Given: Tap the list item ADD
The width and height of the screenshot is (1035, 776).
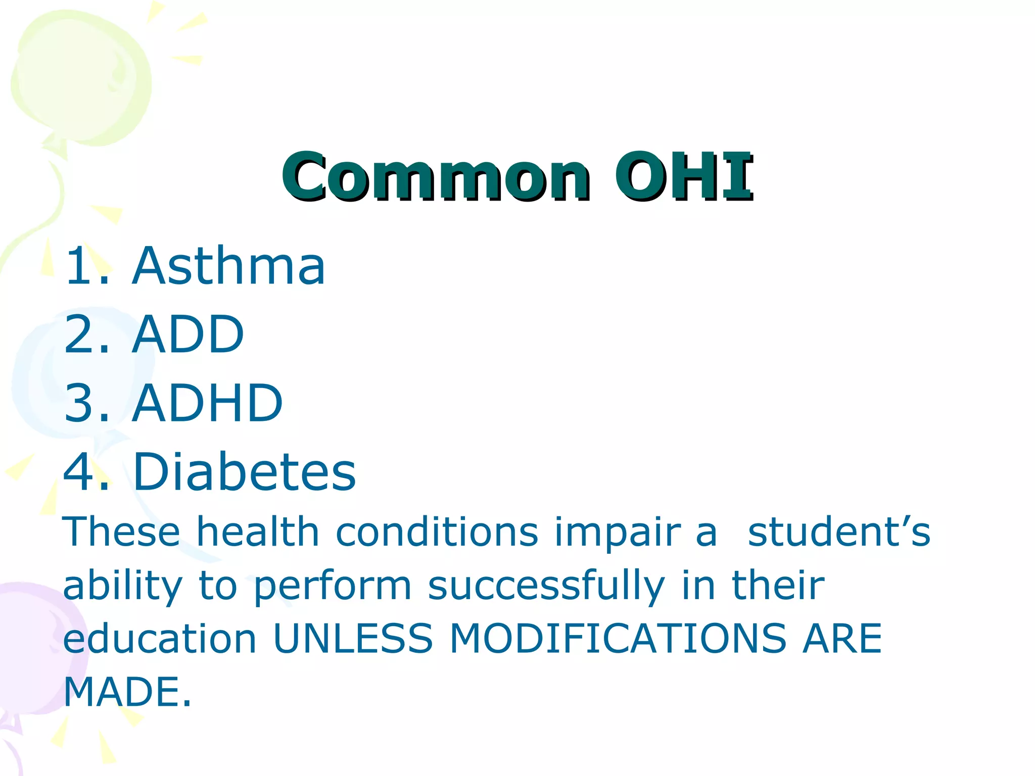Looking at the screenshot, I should click(x=187, y=334).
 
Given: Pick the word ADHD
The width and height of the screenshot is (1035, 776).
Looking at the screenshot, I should click(x=207, y=403).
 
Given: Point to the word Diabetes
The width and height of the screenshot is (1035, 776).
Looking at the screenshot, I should click(x=245, y=472).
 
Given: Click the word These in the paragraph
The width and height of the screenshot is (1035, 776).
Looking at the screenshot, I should click(x=121, y=532).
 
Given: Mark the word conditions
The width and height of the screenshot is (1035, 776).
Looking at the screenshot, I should click(x=437, y=532).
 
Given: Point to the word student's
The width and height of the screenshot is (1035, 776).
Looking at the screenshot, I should click(x=839, y=532).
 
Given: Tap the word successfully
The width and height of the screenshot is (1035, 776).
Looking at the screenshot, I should click(x=546, y=586).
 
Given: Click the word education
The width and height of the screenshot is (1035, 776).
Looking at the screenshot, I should click(x=160, y=639).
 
